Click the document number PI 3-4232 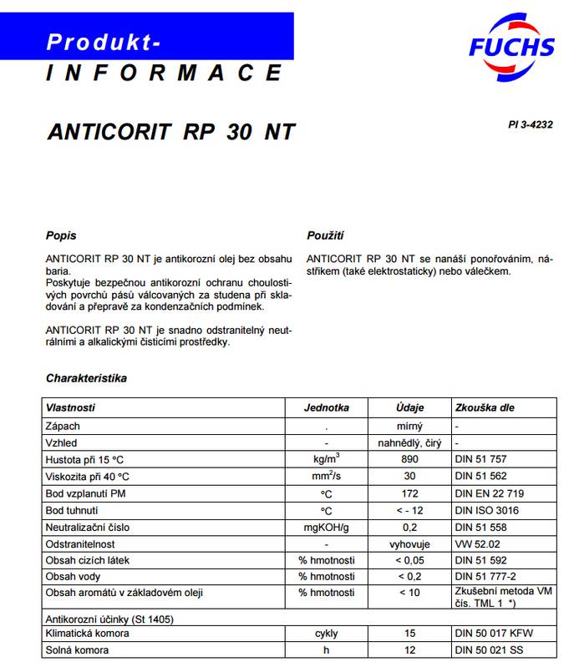(x=530, y=124)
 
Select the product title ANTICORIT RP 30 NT (x=171, y=132)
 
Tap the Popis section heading (x=61, y=235)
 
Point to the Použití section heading (x=325, y=235)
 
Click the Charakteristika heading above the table (x=86, y=378)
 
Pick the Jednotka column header (x=326, y=408)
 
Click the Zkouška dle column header (x=485, y=408)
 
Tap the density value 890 (x=409, y=459)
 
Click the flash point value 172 (x=409, y=493)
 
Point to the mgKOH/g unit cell (x=326, y=528)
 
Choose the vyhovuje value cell (x=409, y=543)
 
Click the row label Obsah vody (x=74, y=576)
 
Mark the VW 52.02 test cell (x=478, y=543)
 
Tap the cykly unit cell (x=326, y=634)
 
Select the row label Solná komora (x=77, y=649)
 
